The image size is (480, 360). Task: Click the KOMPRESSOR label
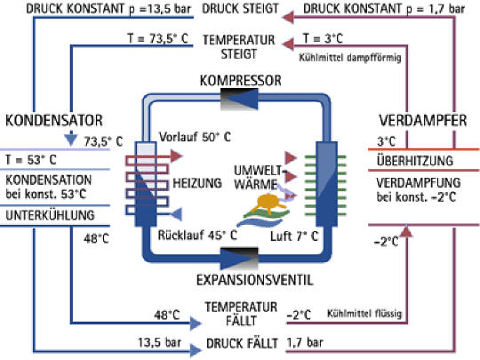(240, 81)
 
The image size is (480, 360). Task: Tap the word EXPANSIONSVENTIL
(255, 280)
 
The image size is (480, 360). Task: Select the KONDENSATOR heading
(54, 120)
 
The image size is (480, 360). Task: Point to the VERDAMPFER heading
(423, 120)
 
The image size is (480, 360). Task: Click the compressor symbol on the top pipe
(239, 99)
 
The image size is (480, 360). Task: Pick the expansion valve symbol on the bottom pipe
(239, 259)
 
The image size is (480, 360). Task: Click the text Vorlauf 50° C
(195, 137)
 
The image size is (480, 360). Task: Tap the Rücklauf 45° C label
(197, 235)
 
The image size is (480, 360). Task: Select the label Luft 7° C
(294, 236)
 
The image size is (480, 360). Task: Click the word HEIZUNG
(197, 183)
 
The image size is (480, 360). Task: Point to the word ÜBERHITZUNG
(415, 161)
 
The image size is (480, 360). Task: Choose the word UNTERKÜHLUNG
(50, 215)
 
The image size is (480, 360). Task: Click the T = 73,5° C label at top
(157, 39)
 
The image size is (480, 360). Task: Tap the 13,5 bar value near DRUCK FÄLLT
(159, 342)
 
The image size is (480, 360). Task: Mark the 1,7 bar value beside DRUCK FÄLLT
(305, 342)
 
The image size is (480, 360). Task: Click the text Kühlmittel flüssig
(364, 314)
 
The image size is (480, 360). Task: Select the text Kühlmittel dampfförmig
(350, 58)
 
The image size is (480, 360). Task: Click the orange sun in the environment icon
(268, 203)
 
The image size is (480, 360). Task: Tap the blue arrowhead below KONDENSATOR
(71, 139)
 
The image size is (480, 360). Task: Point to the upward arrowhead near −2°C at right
(406, 231)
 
